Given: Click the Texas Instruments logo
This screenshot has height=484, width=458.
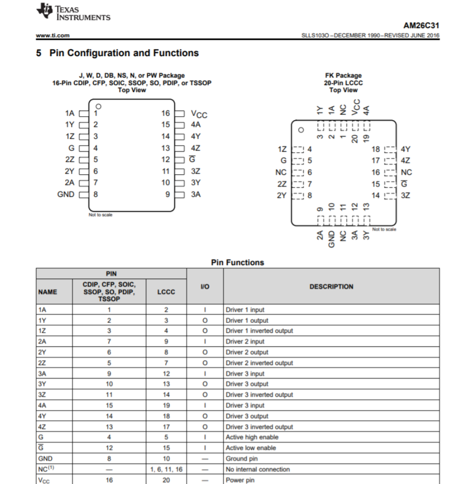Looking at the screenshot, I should click(x=73, y=13).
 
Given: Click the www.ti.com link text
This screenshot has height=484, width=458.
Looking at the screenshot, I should click(x=53, y=35).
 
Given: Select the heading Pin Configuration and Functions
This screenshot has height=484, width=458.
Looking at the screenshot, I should click(x=117, y=53).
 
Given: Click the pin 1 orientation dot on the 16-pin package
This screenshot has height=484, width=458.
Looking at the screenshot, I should click(x=98, y=106).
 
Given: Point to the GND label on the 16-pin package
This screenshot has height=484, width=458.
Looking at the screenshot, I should click(x=66, y=194).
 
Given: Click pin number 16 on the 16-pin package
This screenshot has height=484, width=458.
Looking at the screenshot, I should click(x=165, y=113).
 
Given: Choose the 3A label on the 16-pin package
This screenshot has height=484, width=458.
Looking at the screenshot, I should click(x=195, y=194).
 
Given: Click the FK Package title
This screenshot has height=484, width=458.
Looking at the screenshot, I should click(x=343, y=75).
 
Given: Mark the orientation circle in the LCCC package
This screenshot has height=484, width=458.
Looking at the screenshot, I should click(x=301, y=130).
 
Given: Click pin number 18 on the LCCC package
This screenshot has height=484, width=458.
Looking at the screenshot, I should click(x=376, y=149).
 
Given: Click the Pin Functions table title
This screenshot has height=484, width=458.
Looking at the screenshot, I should click(x=237, y=263).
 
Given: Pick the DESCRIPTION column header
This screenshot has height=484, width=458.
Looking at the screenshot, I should click(x=331, y=287).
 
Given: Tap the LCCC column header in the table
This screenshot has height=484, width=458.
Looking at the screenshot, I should click(x=166, y=291).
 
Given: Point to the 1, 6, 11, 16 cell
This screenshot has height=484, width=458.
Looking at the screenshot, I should click(x=166, y=469).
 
